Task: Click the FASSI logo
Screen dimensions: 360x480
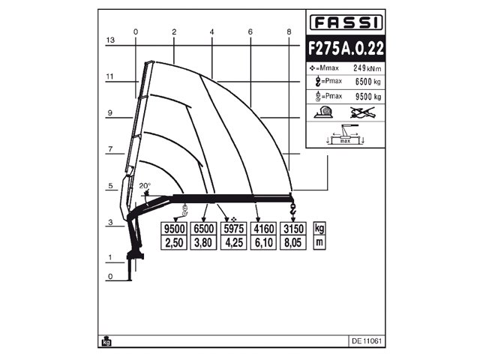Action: click(345, 22)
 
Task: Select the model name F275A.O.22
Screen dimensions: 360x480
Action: click(345, 47)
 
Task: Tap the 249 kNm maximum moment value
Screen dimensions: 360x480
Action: click(362, 68)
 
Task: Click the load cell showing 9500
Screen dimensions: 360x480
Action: click(174, 229)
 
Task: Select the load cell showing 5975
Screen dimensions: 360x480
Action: click(232, 229)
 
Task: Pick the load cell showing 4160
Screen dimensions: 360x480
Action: click(262, 229)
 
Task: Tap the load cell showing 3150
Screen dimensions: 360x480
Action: click(291, 229)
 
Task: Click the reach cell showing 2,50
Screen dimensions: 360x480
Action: click(174, 243)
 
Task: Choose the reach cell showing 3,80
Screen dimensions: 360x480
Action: click(203, 243)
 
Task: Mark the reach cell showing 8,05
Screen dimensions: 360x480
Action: click(291, 243)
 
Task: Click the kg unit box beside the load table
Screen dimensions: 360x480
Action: click(319, 229)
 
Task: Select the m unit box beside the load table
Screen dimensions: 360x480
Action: click(319, 243)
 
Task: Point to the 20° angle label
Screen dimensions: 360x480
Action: click(145, 185)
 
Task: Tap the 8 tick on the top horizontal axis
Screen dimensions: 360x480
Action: click(289, 31)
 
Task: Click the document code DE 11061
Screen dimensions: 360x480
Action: click(366, 340)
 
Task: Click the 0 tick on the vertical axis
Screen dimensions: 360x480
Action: click(109, 276)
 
